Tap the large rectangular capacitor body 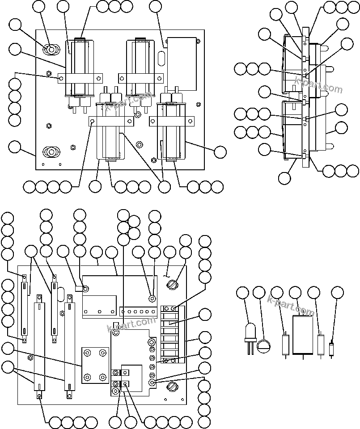tap(303, 335)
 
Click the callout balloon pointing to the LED tap(243, 293)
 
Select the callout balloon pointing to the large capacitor tap(295, 293)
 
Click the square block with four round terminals tap(95, 365)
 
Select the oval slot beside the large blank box tap(161, 58)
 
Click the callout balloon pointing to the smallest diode tap(338, 293)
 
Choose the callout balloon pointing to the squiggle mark tap(170, 252)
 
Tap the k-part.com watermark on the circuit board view tap(131, 324)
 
